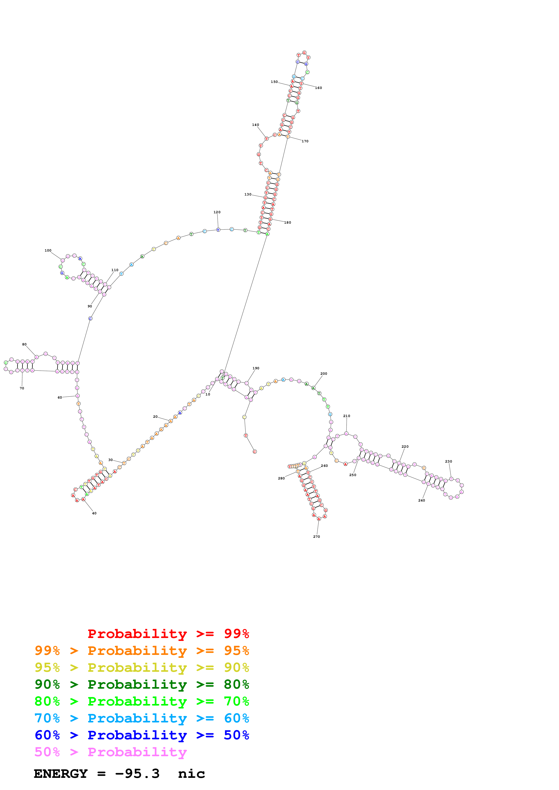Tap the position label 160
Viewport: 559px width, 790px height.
318,88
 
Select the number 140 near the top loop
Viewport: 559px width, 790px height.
255,125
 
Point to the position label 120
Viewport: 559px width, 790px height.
217,212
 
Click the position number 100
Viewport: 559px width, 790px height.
48,250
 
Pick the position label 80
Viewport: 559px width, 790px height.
24,344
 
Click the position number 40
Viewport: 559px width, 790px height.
94,513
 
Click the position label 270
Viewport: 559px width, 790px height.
316,537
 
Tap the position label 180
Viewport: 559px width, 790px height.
287,223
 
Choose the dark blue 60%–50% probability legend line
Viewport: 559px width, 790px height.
142,735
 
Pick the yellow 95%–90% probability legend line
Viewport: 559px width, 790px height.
142,667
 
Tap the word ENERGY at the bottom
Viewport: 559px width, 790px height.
61,774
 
